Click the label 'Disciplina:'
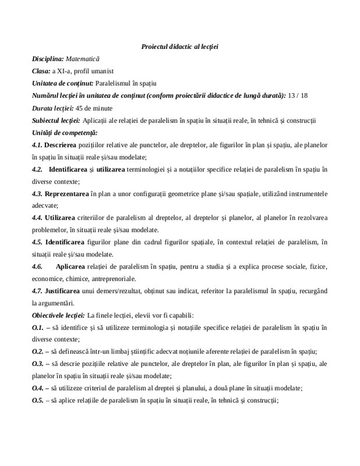point(48,59)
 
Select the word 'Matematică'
point(83,59)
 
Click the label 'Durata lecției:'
point(52,108)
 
